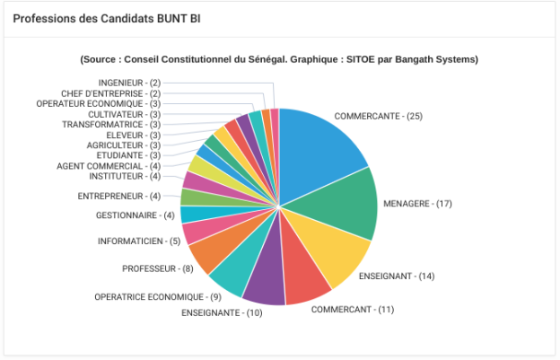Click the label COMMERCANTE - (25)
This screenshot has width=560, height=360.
click(x=378, y=117)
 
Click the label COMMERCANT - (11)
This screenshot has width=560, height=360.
click(x=353, y=310)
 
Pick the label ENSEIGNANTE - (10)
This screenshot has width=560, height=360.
click(x=222, y=312)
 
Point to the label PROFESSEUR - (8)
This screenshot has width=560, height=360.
click(x=157, y=268)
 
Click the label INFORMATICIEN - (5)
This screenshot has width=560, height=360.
click(x=138, y=241)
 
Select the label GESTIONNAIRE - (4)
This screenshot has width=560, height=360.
click(x=135, y=215)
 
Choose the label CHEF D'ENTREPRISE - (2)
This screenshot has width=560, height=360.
click(x=110, y=93)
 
